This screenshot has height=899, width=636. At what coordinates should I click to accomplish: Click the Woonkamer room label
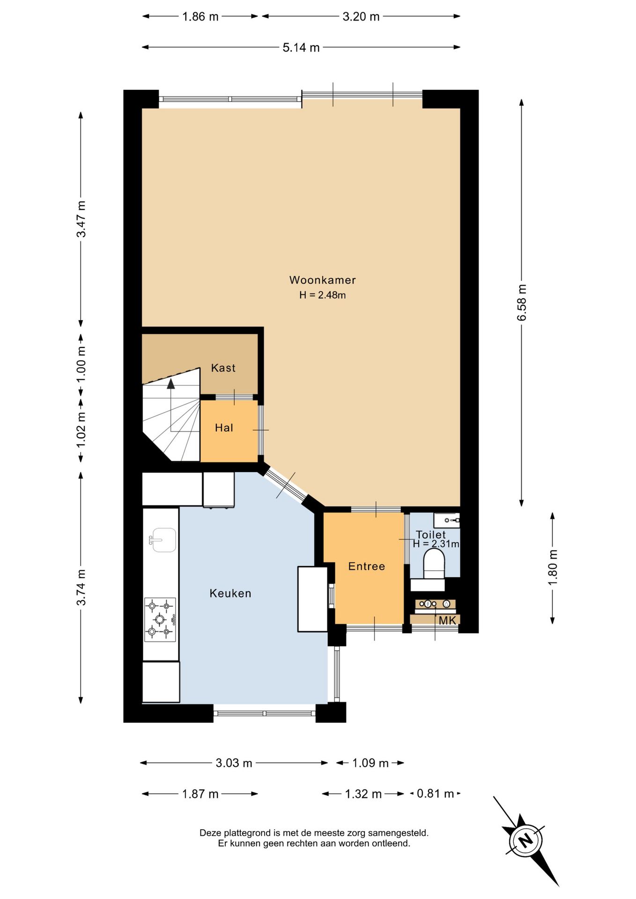tap(322, 280)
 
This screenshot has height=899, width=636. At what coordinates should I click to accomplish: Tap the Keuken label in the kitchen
tap(230, 593)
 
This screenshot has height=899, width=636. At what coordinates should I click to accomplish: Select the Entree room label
tap(367, 566)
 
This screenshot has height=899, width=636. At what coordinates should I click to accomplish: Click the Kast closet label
tap(223, 368)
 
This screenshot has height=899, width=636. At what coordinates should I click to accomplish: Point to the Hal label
tap(224, 427)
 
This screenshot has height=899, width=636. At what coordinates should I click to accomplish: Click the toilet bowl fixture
tap(434, 564)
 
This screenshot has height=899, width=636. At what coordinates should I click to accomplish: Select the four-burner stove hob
tap(160, 619)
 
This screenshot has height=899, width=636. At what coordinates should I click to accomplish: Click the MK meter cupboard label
tap(447, 620)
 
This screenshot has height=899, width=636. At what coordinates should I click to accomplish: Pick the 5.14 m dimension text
tap(301, 47)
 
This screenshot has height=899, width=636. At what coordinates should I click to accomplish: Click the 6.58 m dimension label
tap(522, 302)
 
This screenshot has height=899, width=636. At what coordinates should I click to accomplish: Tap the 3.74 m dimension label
tap(81, 587)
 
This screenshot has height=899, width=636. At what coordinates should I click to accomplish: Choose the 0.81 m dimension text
tap(436, 794)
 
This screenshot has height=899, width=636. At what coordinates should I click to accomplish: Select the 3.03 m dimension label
tap(234, 763)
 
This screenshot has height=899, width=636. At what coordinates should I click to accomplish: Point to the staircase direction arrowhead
tap(171, 383)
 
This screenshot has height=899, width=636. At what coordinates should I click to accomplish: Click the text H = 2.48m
tap(323, 295)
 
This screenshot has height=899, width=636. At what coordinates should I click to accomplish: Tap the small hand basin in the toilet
tap(446, 520)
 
